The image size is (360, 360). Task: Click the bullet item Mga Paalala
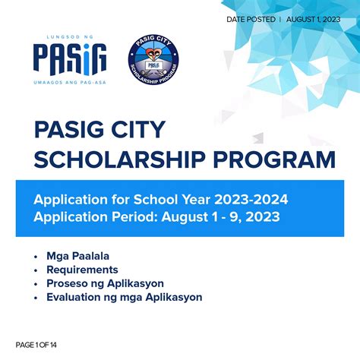tap(79, 256)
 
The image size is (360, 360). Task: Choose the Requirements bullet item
tap(82, 270)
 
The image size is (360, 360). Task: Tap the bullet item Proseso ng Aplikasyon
tap(105, 283)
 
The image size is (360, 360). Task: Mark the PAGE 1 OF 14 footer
tap(36, 346)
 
